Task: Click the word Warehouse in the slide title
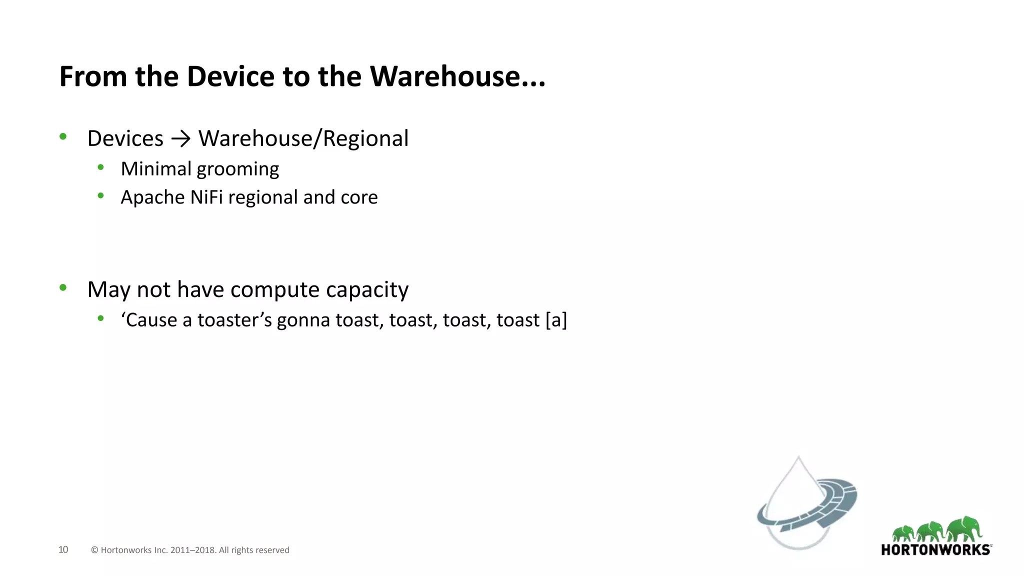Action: pos(444,76)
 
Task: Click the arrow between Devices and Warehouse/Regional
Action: pos(180,139)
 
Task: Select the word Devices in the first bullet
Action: pos(125,138)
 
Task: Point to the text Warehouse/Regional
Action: pos(303,138)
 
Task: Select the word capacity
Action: pos(367,290)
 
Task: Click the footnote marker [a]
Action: pos(556,320)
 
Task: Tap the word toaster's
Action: pos(234,320)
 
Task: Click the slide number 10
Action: pos(63,549)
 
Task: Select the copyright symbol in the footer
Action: pos(94,550)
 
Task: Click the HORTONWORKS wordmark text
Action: pos(935,550)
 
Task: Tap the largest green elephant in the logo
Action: pos(965,528)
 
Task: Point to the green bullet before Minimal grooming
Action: pos(101,168)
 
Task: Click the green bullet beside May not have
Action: pos(63,287)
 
